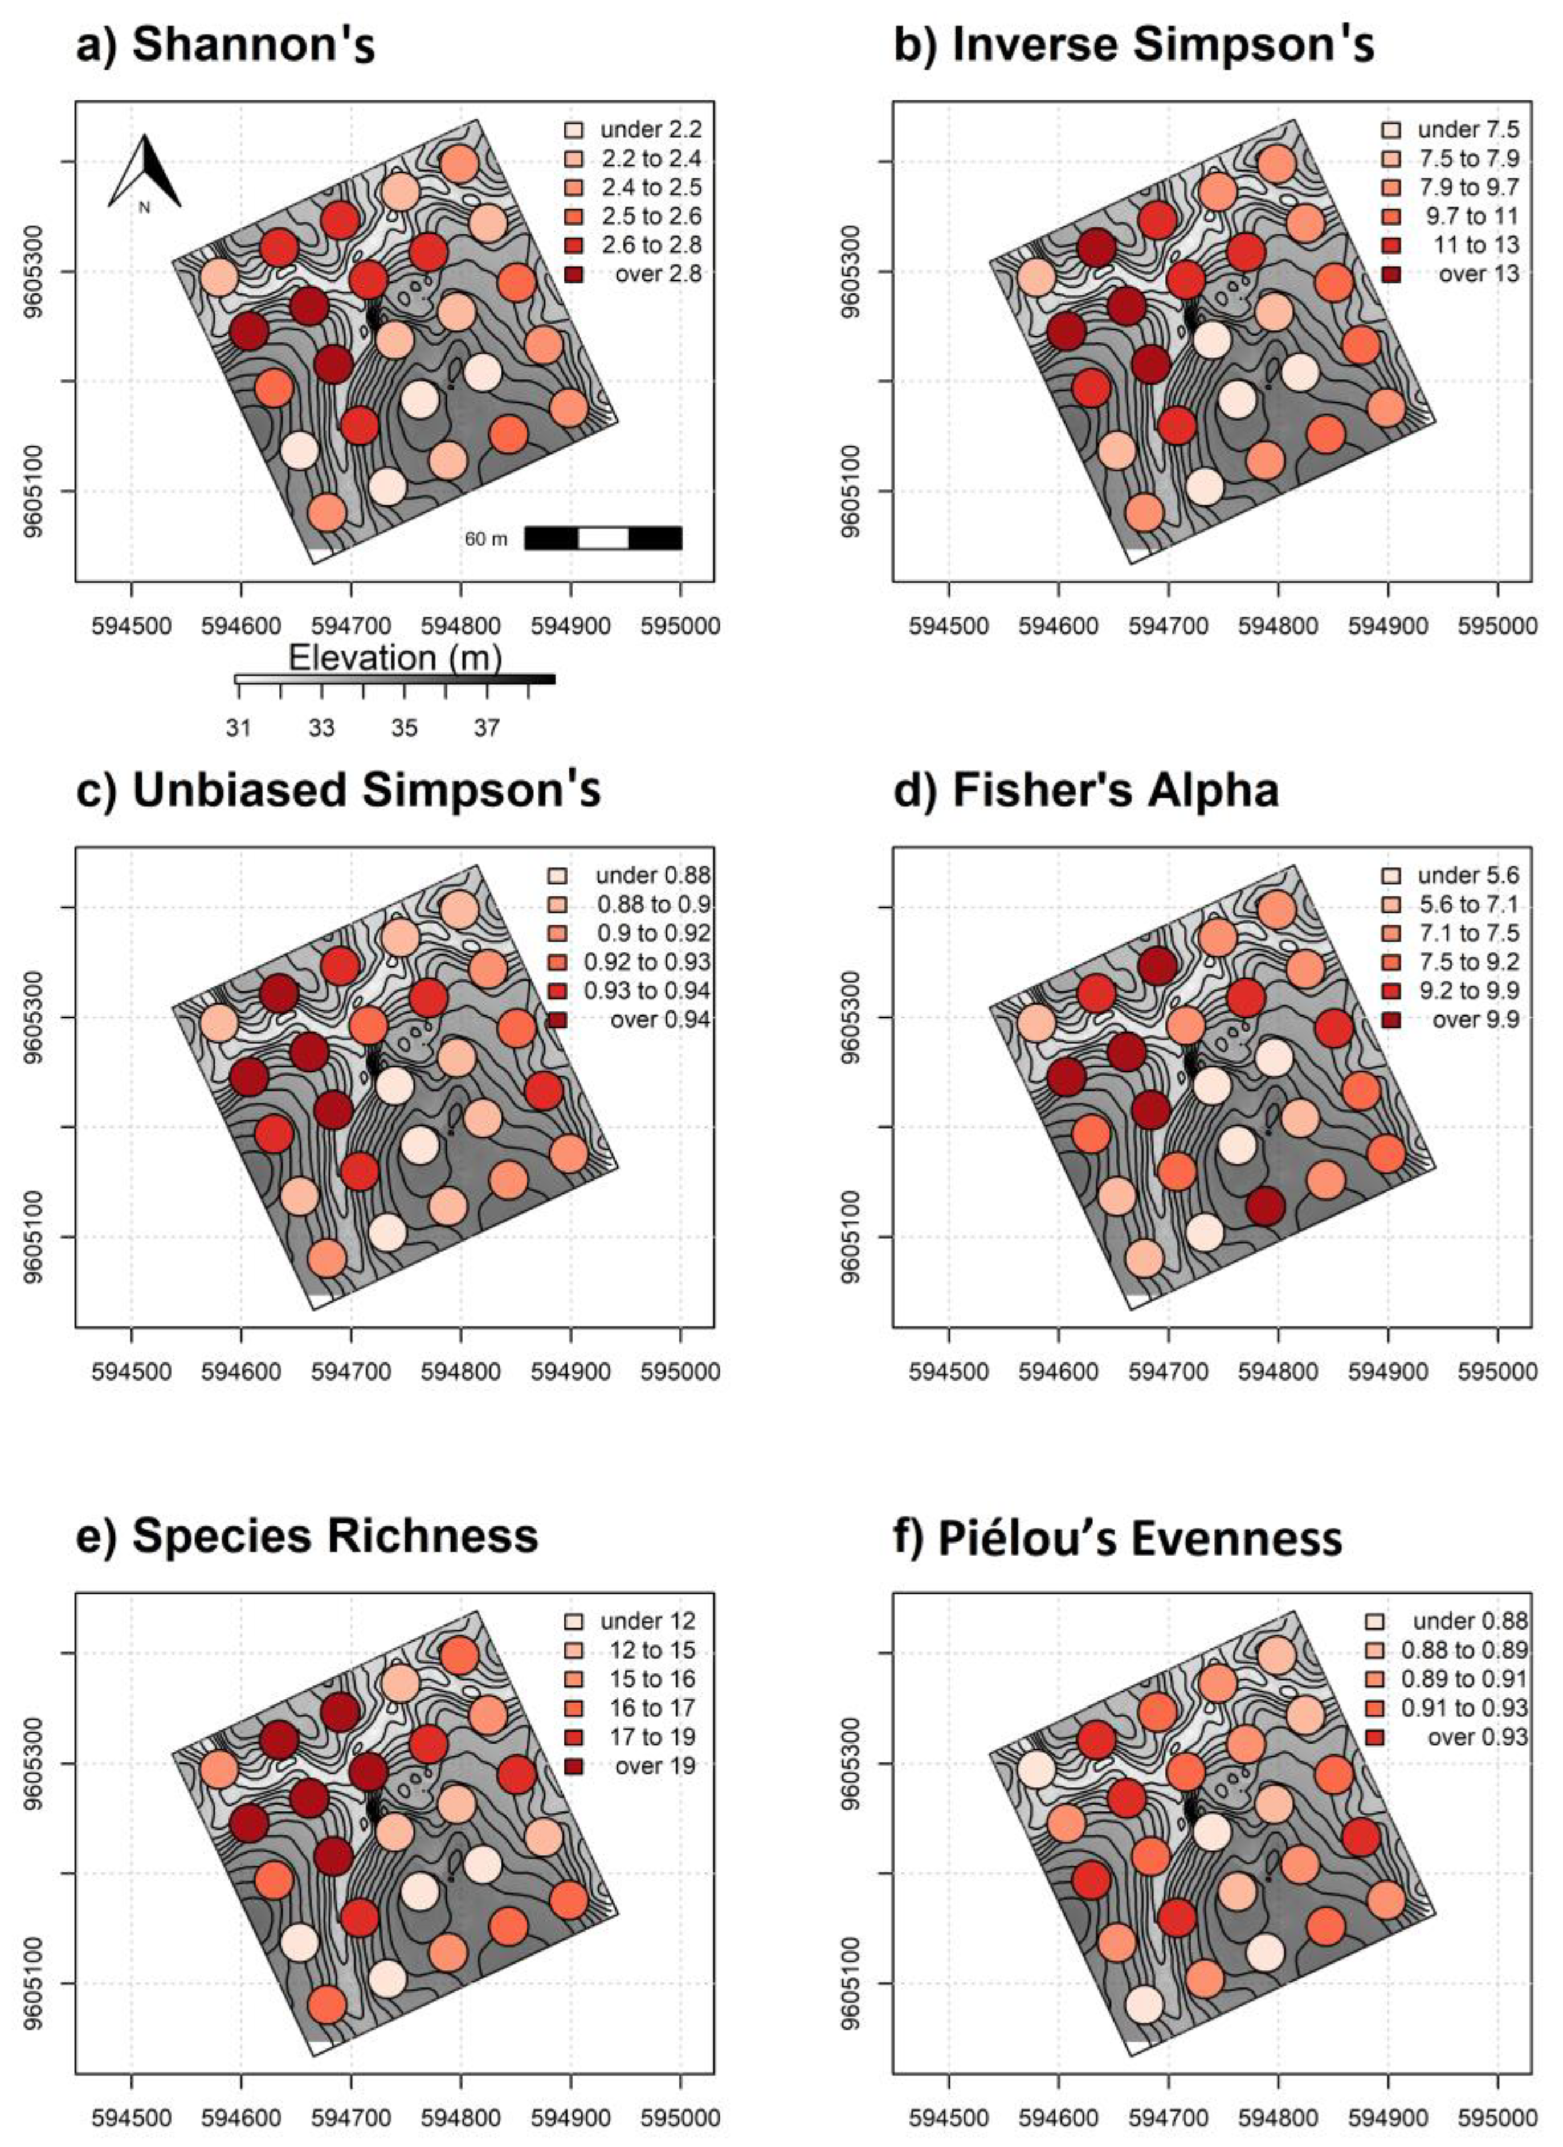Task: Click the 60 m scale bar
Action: point(603,538)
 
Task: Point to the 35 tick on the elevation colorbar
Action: point(404,727)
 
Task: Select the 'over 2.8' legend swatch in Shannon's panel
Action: point(574,274)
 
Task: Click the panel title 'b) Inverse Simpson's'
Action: point(1133,44)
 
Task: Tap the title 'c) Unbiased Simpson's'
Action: point(338,790)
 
